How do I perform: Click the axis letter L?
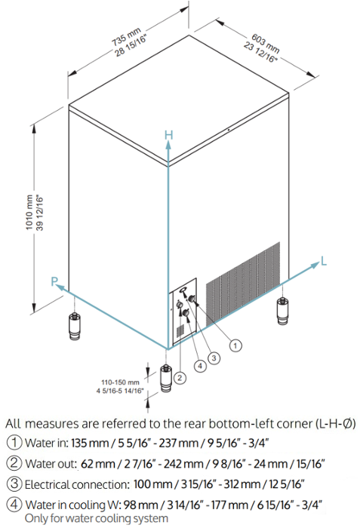pyautogui.click(x=324, y=261)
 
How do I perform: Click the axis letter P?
pyautogui.click(x=54, y=281)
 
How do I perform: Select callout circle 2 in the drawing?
pyautogui.click(x=179, y=375)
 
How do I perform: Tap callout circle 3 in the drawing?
pyautogui.click(x=214, y=357)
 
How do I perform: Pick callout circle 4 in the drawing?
pyautogui.click(x=199, y=366)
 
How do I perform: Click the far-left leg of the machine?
pyautogui.click(x=75, y=326)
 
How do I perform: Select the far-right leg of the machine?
pyautogui.click(x=282, y=309)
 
